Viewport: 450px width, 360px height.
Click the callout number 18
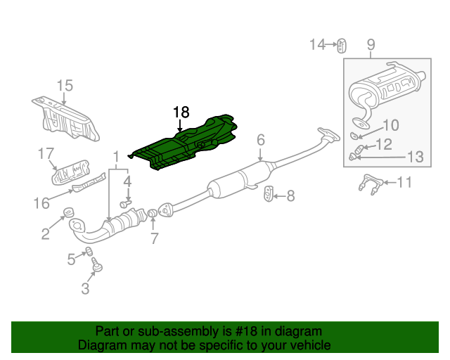pyautogui.click(x=181, y=112)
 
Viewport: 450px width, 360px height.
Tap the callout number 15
pyautogui.click(x=65, y=86)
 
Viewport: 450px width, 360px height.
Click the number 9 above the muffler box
pyautogui.click(x=371, y=46)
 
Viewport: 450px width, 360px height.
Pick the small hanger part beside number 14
pyautogui.click(x=341, y=46)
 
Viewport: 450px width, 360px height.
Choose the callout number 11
pyautogui.click(x=404, y=183)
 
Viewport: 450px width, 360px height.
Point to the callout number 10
pyautogui.click(x=390, y=126)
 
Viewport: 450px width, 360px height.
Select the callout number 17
pyautogui.click(x=46, y=153)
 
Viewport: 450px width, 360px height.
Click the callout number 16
pyautogui.click(x=41, y=203)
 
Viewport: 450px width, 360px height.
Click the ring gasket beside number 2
pyautogui.click(x=69, y=212)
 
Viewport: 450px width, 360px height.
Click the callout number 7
pyautogui.click(x=155, y=238)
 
